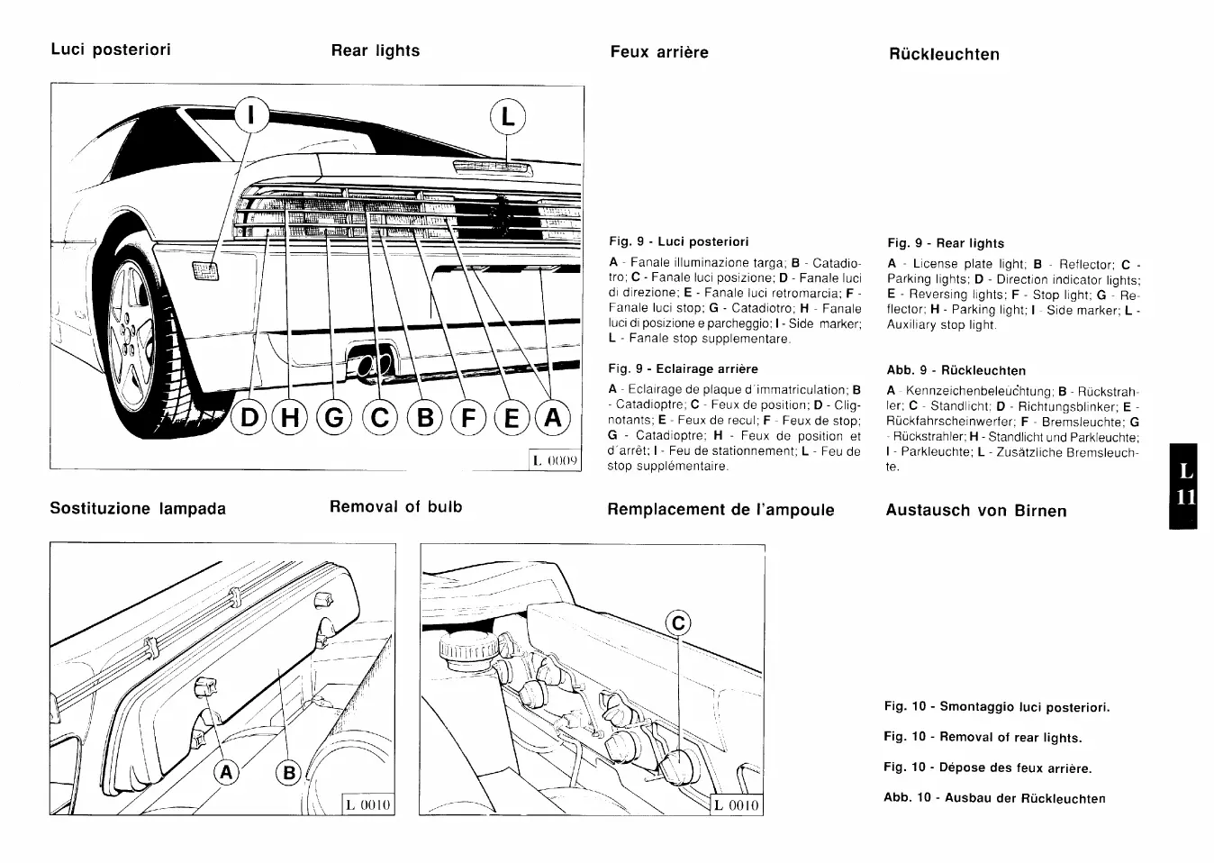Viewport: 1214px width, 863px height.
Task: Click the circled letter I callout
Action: pos(253,115)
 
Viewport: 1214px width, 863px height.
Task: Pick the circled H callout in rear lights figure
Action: pos(290,418)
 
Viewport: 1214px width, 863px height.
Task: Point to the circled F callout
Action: pos(468,418)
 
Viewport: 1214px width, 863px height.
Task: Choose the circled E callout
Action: pos(512,418)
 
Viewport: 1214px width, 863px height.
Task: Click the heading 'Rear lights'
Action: pos(376,50)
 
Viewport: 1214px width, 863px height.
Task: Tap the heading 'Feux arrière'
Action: pos(659,52)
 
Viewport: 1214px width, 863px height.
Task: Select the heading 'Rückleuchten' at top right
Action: pos(944,54)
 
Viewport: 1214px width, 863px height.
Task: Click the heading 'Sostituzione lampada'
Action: pos(138,508)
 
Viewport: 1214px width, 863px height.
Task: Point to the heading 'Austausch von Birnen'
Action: pos(976,511)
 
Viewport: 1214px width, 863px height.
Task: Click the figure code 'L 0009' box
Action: pos(555,460)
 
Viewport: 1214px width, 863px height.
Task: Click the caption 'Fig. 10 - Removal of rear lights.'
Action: pos(983,737)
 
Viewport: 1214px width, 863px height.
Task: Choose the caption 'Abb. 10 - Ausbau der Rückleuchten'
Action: pos(994,798)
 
